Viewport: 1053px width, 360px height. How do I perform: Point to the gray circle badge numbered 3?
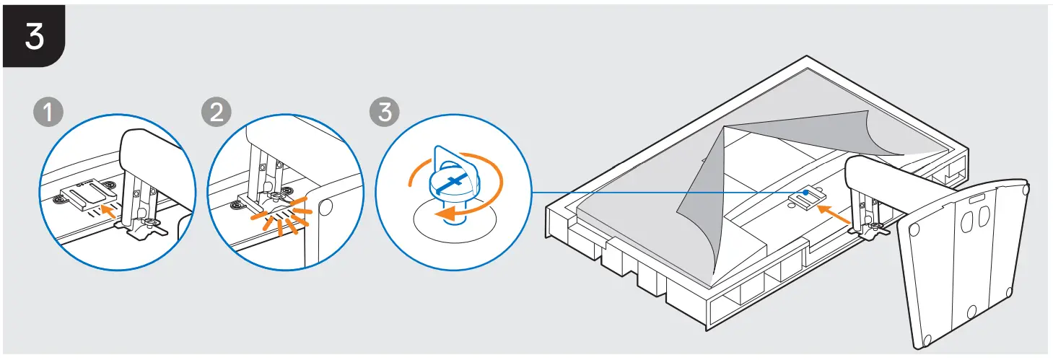(x=383, y=114)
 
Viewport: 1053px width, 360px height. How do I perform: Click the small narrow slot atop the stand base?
(x=979, y=197)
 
